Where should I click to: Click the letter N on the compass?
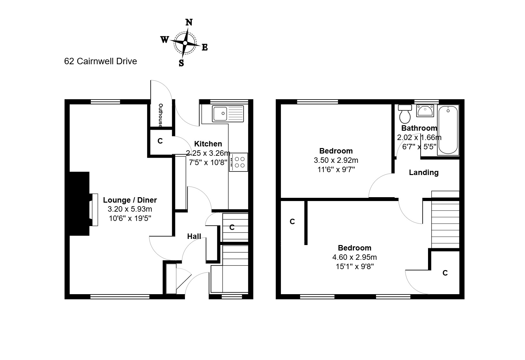coord(189,22)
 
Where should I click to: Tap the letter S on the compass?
coord(181,63)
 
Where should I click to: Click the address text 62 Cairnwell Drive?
coord(101,61)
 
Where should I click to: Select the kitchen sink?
coord(228,114)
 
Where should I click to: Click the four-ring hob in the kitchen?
coord(238,162)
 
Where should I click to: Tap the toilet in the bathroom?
coord(405,114)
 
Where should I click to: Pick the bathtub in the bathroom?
coord(448,130)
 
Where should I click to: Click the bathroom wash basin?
coord(425,110)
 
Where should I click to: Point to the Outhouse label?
coord(161,116)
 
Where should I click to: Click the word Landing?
coord(424,172)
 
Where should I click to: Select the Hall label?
coord(194,236)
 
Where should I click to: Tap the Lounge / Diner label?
coord(130,200)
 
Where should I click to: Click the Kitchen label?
coord(208,144)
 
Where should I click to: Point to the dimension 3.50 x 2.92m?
coord(336,160)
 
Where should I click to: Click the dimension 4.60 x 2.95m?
coord(354,257)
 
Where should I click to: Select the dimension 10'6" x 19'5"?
coord(130,218)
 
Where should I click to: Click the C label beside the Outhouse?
coord(160,141)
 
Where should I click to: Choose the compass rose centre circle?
coord(185,43)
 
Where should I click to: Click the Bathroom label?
coord(419,128)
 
